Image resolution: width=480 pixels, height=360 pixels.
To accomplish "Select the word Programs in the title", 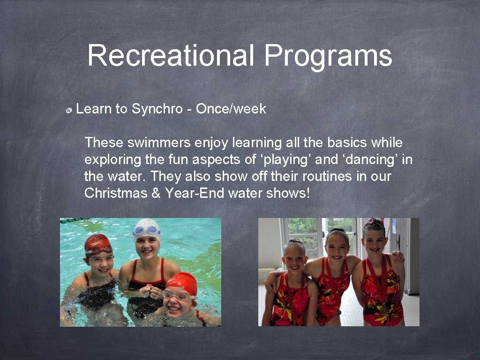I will [x=328, y=56].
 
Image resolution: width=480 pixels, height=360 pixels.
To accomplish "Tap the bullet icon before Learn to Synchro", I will [x=68, y=110].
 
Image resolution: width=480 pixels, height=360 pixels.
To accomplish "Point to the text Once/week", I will [x=231, y=109].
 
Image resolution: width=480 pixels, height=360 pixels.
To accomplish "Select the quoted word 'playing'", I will [x=285, y=160].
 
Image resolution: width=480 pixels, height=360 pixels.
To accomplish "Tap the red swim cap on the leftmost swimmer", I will [x=97, y=243].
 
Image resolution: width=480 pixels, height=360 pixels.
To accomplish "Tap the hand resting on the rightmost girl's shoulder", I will [x=398, y=256].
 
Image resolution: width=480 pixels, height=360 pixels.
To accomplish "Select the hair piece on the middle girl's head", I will [x=337, y=230].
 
